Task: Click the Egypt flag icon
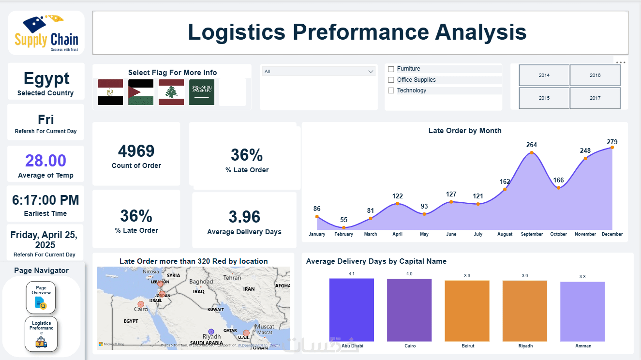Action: [x=110, y=92]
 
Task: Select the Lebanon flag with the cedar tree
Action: [x=171, y=92]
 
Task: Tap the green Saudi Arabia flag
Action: [x=202, y=92]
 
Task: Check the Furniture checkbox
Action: [x=391, y=69]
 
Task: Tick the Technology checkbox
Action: [x=391, y=90]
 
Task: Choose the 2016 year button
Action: [x=595, y=75]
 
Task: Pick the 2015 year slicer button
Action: [x=544, y=98]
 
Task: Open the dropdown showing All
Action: [x=319, y=72]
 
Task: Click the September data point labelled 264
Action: [x=532, y=153]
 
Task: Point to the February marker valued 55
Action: [x=343, y=227]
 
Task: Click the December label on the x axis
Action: [x=612, y=234]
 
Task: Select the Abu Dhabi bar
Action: [x=352, y=310]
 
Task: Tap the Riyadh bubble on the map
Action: [x=211, y=332]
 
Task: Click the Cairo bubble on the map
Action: [x=141, y=304]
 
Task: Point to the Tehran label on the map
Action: [x=232, y=278]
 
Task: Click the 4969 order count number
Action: [x=136, y=151]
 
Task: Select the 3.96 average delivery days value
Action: [x=244, y=217]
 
